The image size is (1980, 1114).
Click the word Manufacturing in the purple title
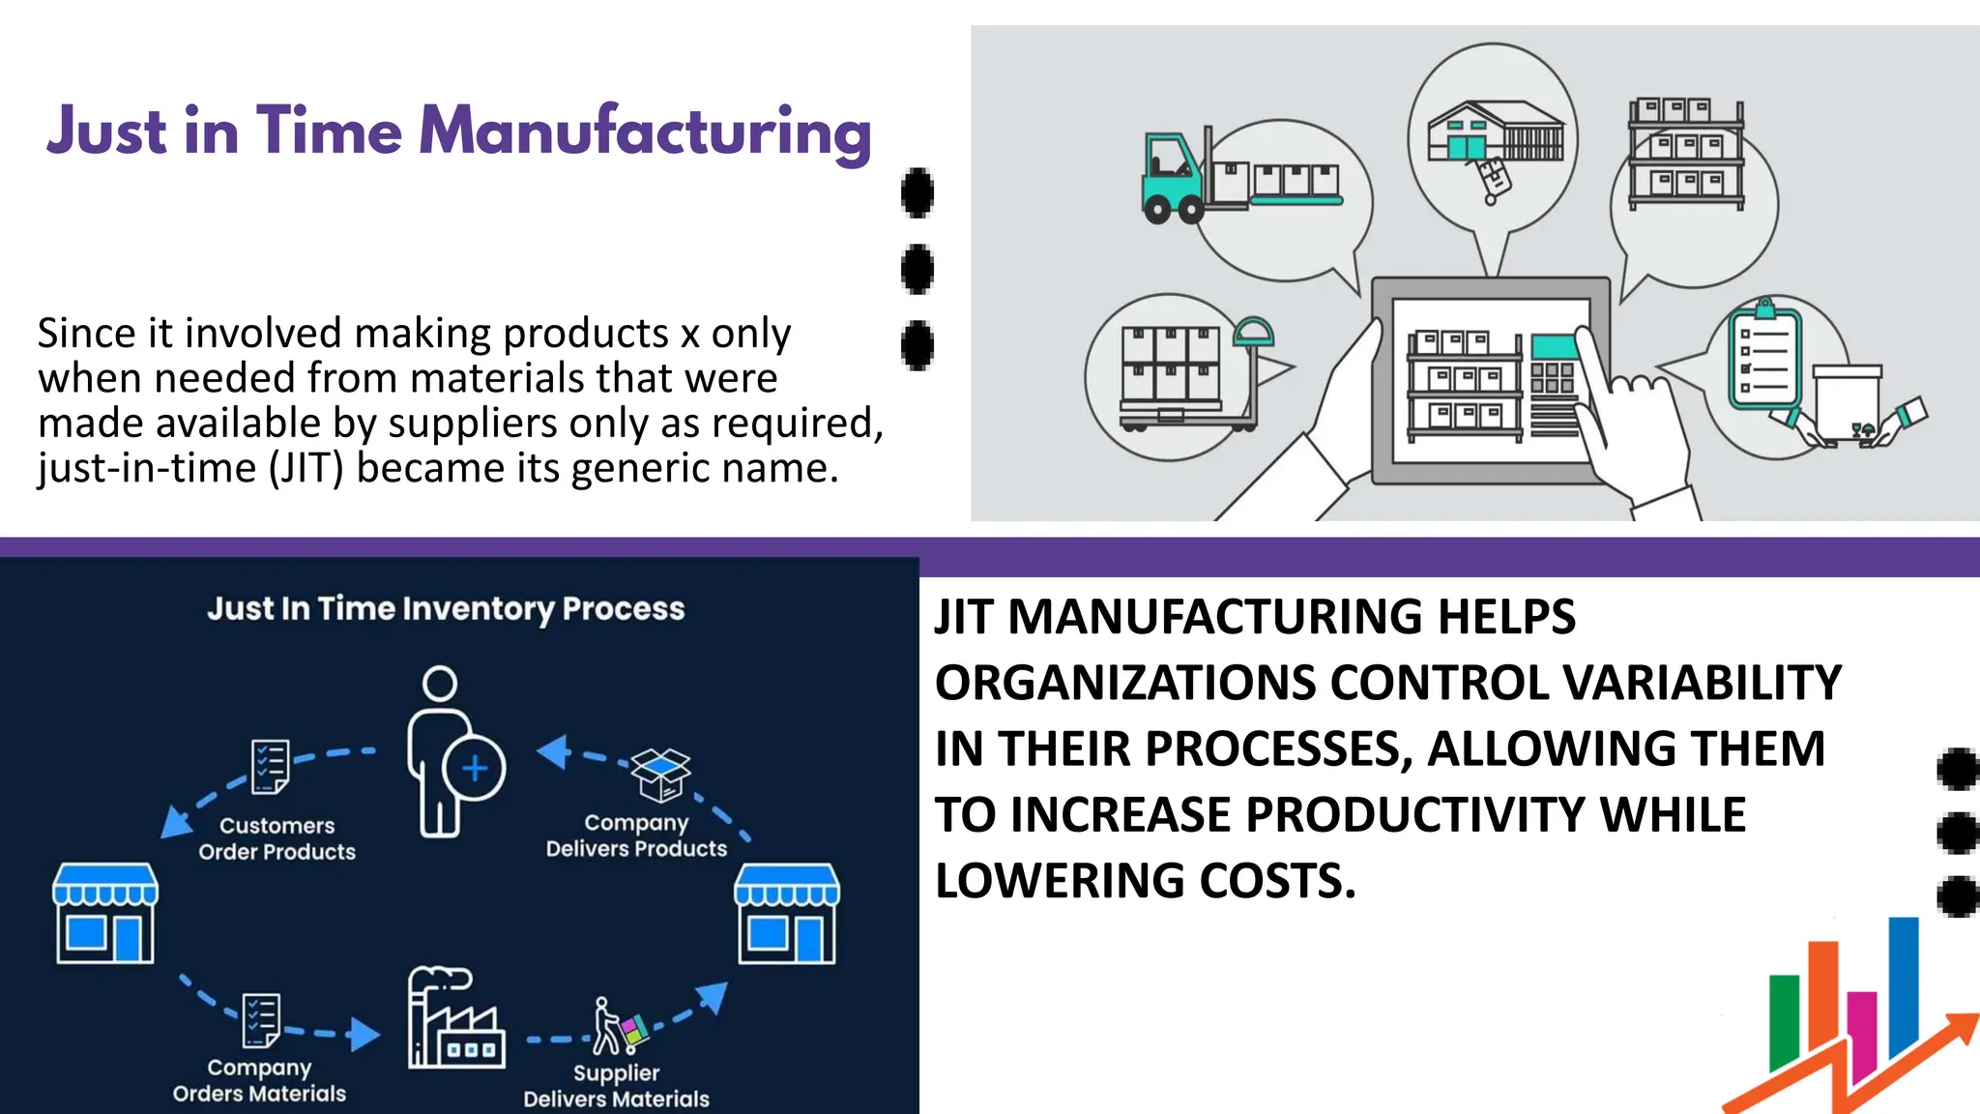tap(645, 132)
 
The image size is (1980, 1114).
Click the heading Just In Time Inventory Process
tap(446, 608)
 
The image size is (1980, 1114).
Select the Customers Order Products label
tap(277, 838)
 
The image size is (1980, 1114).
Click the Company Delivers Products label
tap(636, 835)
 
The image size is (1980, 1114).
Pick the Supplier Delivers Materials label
tap(617, 1085)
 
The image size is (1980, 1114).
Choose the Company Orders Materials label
tap(259, 1080)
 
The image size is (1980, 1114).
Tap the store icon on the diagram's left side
tap(105, 913)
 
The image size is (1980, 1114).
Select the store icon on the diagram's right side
tap(787, 913)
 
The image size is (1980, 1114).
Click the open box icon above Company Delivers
tap(660, 774)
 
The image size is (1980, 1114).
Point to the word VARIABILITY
tap(1703, 683)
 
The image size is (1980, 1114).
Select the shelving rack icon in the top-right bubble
tap(1686, 155)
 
